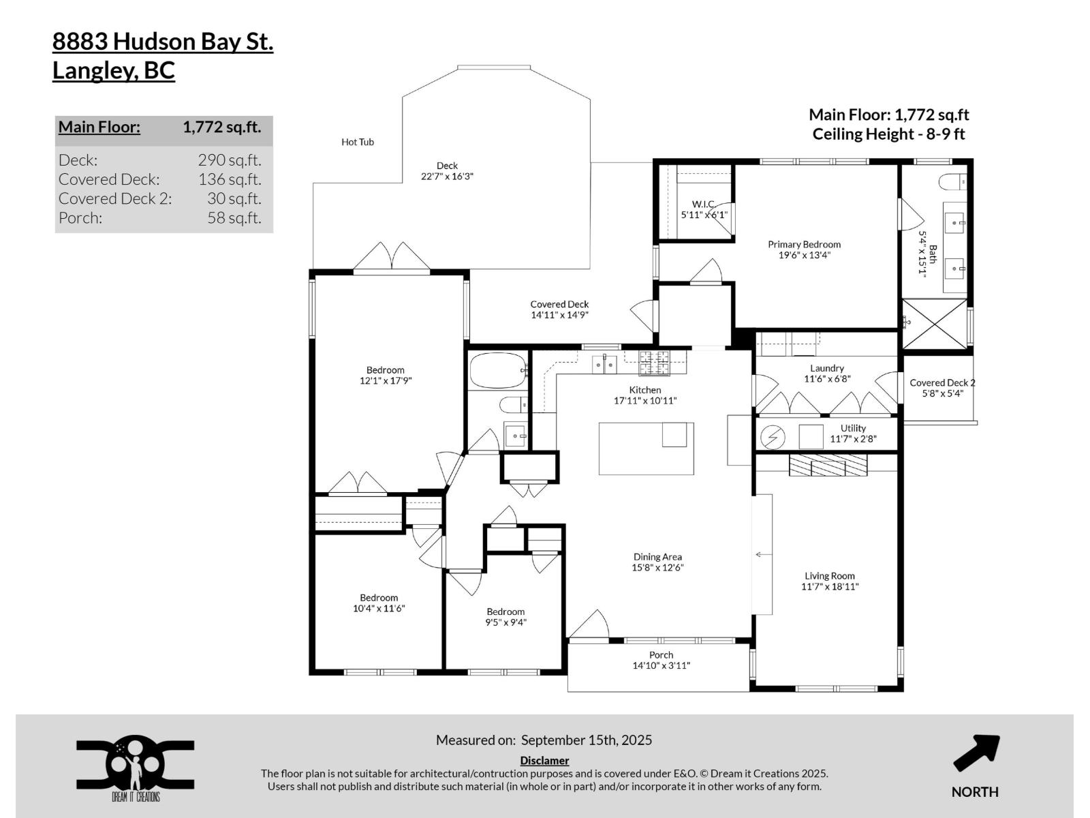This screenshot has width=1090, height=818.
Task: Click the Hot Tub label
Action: point(357,142)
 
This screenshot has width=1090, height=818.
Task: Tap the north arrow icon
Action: point(976,753)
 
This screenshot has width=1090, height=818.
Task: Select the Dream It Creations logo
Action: point(135,768)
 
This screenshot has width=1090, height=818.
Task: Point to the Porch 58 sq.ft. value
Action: point(234,218)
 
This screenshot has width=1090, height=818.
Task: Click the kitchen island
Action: point(646,449)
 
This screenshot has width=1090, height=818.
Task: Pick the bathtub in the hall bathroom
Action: point(498,370)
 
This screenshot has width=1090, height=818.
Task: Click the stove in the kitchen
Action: point(654,363)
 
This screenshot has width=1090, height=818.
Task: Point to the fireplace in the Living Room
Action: point(828,466)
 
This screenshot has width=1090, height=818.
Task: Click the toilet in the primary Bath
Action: point(951,182)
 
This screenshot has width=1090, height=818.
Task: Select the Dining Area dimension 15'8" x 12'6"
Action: point(657,567)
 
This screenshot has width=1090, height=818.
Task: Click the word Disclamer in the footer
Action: point(544,760)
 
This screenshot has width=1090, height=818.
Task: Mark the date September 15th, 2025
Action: point(586,740)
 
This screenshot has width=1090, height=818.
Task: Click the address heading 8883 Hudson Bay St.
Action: point(163,42)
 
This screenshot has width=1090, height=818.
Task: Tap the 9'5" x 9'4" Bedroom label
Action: point(505,617)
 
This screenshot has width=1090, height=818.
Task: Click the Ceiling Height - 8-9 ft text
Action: point(888,134)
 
